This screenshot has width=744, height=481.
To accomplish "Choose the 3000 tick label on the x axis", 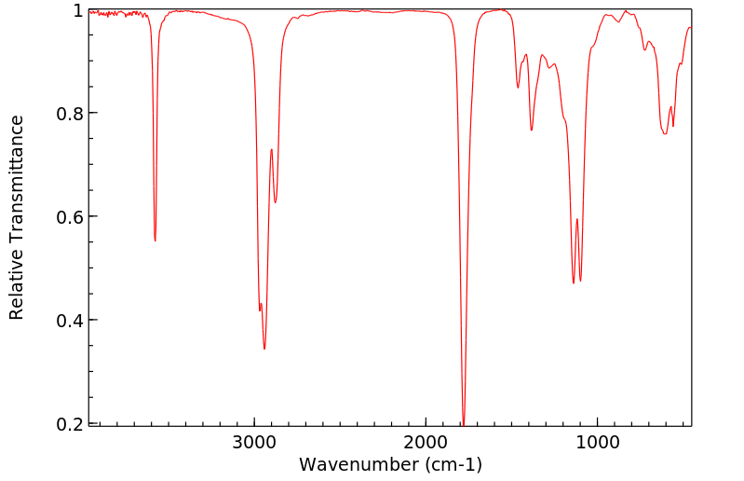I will tap(254, 442).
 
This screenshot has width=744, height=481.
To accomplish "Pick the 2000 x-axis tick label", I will tap(426, 442).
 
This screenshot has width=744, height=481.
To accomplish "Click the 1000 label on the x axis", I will tap(597, 442).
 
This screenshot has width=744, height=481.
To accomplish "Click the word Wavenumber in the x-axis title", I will tap(347, 463).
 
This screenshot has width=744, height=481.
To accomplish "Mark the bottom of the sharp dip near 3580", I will tap(155, 240).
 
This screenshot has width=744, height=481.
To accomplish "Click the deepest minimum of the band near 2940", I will tap(264, 349).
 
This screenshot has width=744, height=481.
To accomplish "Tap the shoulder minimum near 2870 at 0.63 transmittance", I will tap(276, 202).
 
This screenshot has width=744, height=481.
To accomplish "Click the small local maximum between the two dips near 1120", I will tap(577, 219).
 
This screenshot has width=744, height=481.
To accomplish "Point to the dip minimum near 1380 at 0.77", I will tap(532, 130).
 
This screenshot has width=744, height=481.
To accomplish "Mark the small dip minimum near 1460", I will tap(519, 89).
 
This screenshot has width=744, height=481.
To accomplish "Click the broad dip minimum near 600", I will tap(665, 134).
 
